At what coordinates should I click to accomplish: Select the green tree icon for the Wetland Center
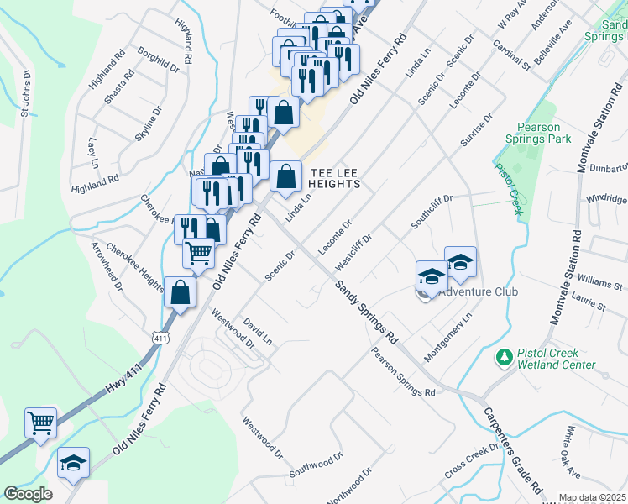[x=504, y=358]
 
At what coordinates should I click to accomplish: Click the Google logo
[x=28, y=494]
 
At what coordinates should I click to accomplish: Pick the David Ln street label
[x=258, y=331]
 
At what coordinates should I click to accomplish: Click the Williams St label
[x=599, y=280]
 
